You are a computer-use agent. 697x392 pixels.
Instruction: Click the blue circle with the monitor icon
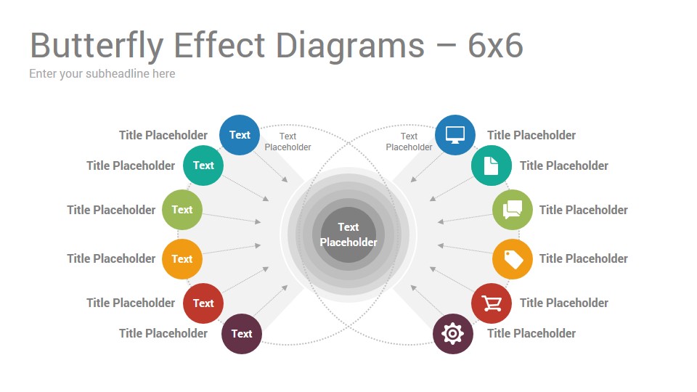tap(455, 135)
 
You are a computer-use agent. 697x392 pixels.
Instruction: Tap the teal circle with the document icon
tap(492, 166)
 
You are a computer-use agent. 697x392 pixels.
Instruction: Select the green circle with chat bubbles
tap(512, 210)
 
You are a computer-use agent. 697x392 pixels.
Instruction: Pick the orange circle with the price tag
tap(512, 258)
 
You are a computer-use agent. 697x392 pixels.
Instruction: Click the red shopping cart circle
tap(492, 303)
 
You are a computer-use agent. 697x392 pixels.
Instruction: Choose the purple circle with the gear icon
tap(452, 333)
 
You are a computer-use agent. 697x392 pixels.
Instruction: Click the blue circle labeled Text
tap(240, 135)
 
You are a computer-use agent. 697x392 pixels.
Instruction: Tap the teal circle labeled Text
tap(203, 166)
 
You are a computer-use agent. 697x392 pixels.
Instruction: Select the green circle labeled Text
tap(182, 210)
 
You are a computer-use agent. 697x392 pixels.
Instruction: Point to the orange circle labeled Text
tap(182, 258)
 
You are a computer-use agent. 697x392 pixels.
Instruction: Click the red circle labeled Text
tap(203, 303)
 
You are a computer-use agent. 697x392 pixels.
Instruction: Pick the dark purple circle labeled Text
tap(241, 333)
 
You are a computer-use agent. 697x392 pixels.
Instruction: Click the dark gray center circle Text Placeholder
tap(348, 234)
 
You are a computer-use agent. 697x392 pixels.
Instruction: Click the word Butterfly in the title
tap(97, 46)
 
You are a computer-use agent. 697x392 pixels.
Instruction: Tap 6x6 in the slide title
tap(495, 45)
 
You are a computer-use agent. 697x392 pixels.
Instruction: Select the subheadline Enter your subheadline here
tap(102, 74)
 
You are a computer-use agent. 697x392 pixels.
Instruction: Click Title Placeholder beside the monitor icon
tap(531, 135)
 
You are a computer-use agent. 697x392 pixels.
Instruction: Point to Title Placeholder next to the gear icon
tap(531, 333)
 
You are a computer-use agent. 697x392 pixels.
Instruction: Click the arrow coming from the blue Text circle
tap(271, 167)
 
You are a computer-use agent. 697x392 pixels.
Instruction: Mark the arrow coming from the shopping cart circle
tap(452, 279)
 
